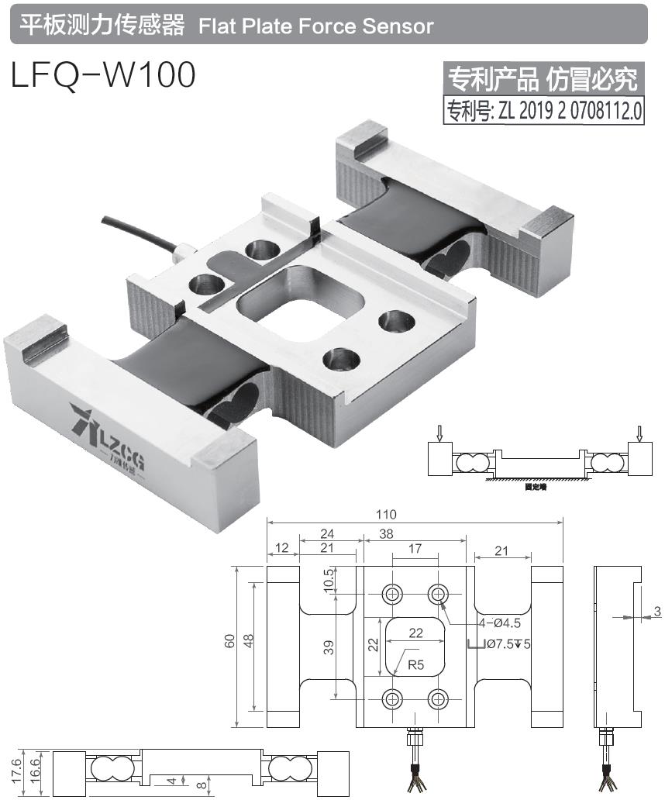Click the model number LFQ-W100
pyautogui.click(x=103, y=75)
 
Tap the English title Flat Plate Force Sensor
pyautogui.click(x=315, y=26)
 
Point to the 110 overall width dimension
pyautogui.click(x=386, y=515)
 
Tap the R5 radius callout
pyautogui.click(x=416, y=664)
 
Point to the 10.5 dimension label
pyautogui.click(x=329, y=579)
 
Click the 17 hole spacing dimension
pyautogui.click(x=415, y=549)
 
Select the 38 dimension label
pyautogui.click(x=386, y=533)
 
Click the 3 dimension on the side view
pyautogui.click(x=657, y=612)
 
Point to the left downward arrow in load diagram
pyautogui.click(x=439, y=431)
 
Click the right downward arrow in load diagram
pyautogui.click(x=640, y=431)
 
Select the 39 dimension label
pyautogui.click(x=329, y=648)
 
